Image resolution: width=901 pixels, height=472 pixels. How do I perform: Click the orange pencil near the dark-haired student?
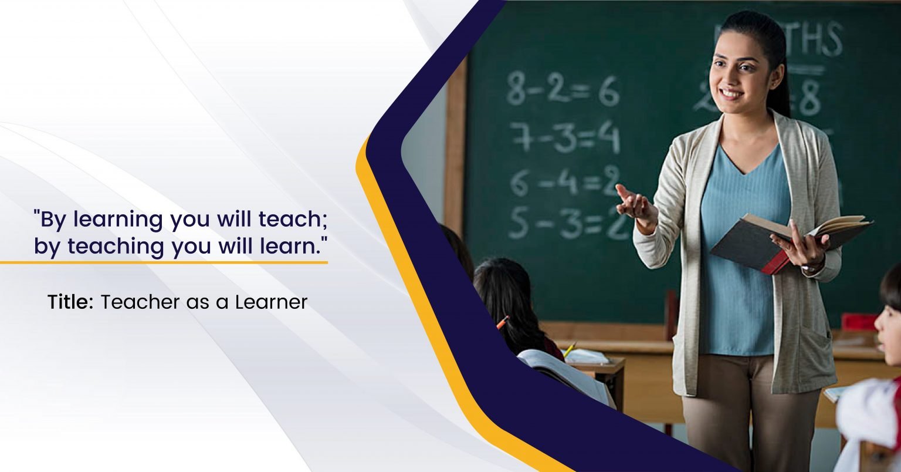tap(502, 322)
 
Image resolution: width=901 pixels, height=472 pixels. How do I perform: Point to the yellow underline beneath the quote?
tap(164, 262)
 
